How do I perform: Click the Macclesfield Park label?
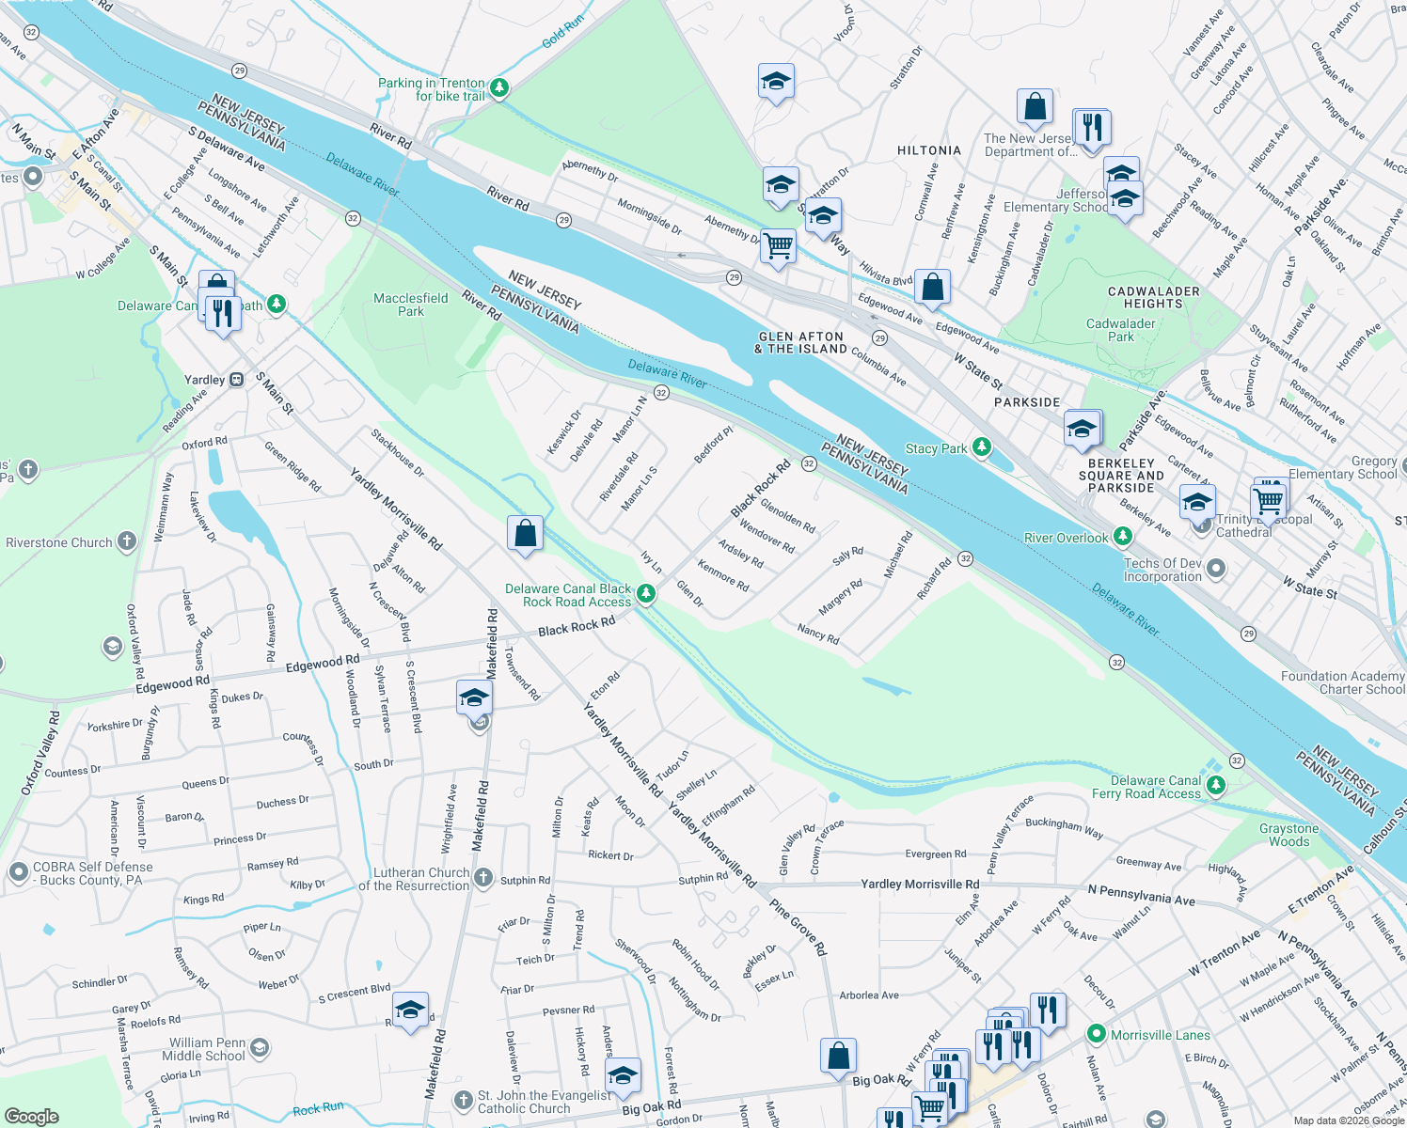tap(410, 305)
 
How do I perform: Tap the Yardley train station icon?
tap(236, 380)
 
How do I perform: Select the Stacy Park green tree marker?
tap(982, 447)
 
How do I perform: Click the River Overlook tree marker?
tap(1122, 537)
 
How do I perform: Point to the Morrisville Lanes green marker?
tap(1096, 1034)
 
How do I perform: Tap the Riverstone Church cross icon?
tap(127, 541)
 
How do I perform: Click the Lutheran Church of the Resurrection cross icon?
tap(482, 878)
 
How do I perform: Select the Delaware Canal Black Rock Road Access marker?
tap(645, 593)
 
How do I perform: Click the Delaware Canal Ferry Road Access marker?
tap(1216, 785)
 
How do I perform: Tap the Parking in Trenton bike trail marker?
tap(499, 88)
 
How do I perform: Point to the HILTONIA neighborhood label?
tap(929, 150)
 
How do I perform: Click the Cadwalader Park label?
tap(1120, 330)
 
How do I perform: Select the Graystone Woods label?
tap(1288, 835)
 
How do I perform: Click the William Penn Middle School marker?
tap(260, 1047)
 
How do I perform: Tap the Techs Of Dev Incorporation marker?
tap(1216, 568)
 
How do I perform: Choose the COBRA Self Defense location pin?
tap(19, 872)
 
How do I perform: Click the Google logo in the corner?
tap(31, 1116)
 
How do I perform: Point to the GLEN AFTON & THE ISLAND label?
tap(800, 342)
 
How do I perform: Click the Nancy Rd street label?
tap(817, 633)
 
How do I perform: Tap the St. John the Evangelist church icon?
tap(463, 1100)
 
